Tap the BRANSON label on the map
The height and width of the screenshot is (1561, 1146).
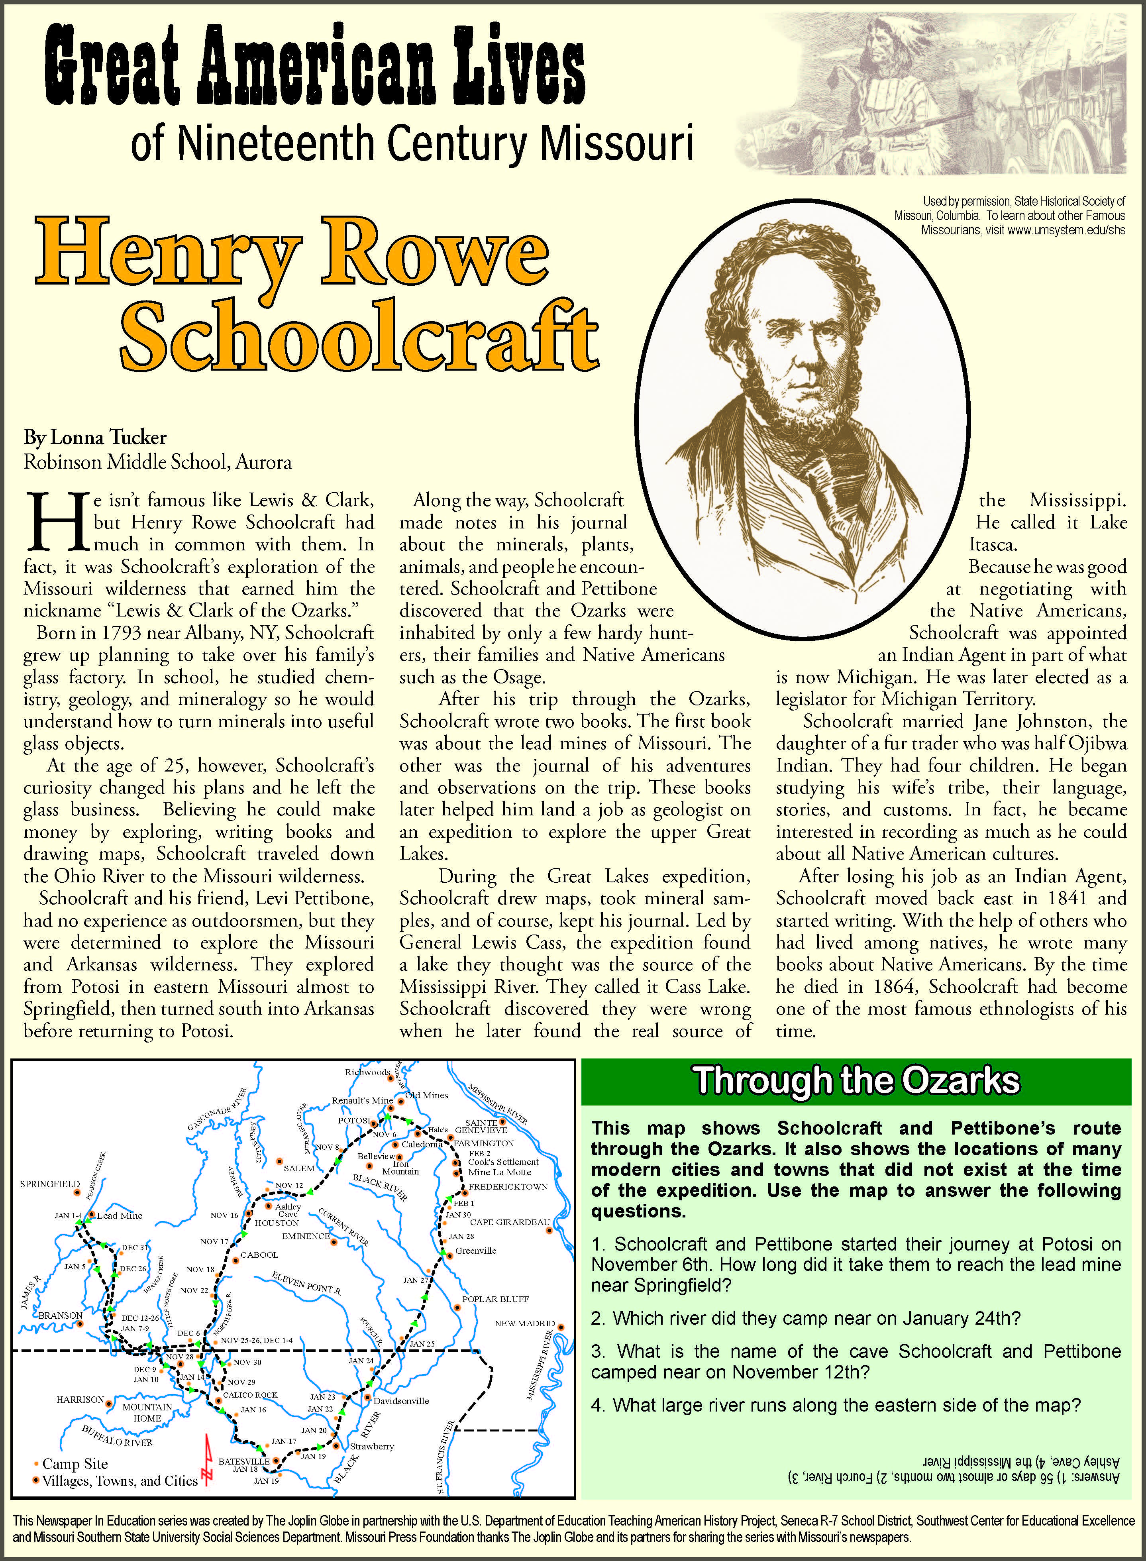60,1315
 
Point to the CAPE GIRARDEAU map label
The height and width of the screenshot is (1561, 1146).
510,1222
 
